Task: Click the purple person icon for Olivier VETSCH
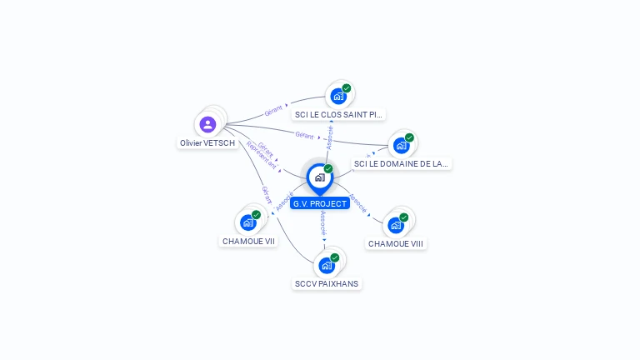pyautogui.click(x=207, y=124)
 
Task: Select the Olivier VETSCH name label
pyautogui.click(x=207, y=143)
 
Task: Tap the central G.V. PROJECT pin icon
pyautogui.click(x=319, y=177)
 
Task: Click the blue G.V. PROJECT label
pyautogui.click(x=320, y=203)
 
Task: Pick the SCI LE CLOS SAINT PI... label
pyautogui.click(x=339, y=114)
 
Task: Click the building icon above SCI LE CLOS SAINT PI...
pyautogui.click(x=337, y=95)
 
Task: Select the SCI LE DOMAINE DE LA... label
pyautogui.click(x=401, y=164)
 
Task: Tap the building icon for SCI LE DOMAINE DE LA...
pyautogui.click(x=401, y=145)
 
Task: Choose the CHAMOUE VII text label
pyautogui.click(x=248, y=241)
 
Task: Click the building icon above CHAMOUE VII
pyautogui.click(x=247, y=222)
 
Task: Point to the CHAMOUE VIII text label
pyautogui.click(x=396, y=243)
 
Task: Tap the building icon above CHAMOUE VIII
pyautogui.click(x=395, y=224)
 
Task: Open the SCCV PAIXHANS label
pyautogui.click(x=327, y=283)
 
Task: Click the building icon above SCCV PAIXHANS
pyautogui.click(x=327, y=265)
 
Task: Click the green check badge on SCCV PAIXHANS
pyautogui.click(x=335, y=257)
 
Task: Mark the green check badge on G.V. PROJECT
pyautogui.click(x=328, y=169)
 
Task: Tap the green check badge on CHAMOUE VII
pyautogui.click(x=256, y=214)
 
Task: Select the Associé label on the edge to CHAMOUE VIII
pyautogui.click(x=357, y=203)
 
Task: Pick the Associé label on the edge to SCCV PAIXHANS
pyautogui.click(x=323, y=222)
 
